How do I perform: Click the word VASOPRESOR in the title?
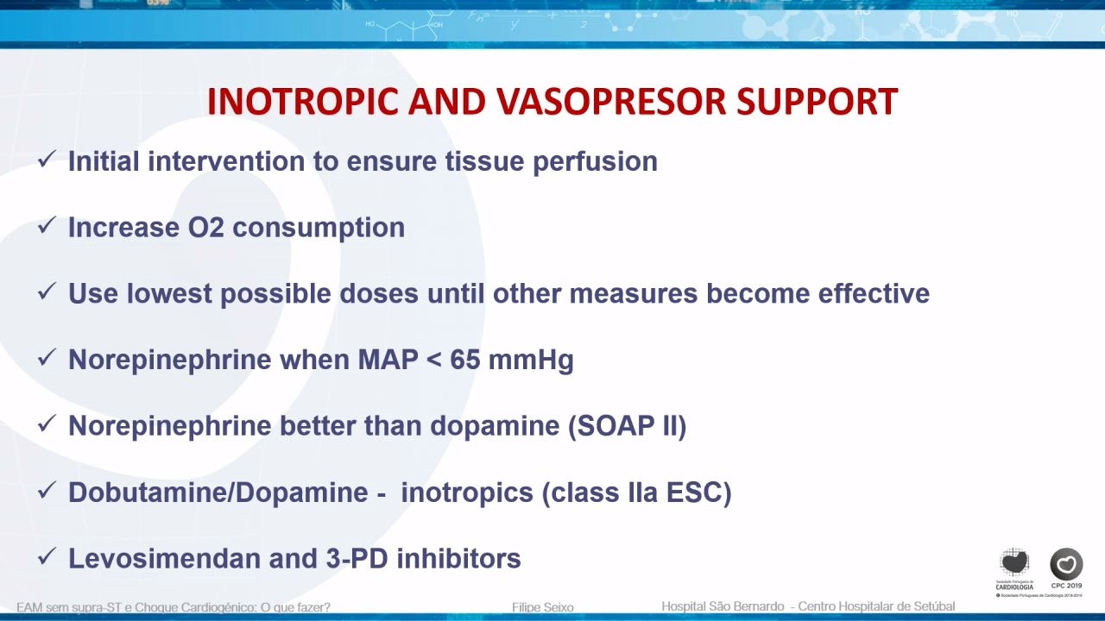611,102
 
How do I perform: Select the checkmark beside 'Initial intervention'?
47,160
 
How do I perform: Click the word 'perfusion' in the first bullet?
595,162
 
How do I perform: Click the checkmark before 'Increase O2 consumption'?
47,226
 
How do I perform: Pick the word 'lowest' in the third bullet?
169,293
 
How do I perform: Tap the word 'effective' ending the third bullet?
874,293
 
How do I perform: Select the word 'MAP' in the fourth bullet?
388,360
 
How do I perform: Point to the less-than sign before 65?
433,361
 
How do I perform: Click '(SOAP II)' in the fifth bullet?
627,426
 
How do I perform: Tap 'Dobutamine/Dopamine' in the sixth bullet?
218,492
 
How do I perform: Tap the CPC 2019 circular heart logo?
1066,564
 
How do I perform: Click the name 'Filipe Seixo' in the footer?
543,607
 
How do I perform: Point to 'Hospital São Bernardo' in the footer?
723,606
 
